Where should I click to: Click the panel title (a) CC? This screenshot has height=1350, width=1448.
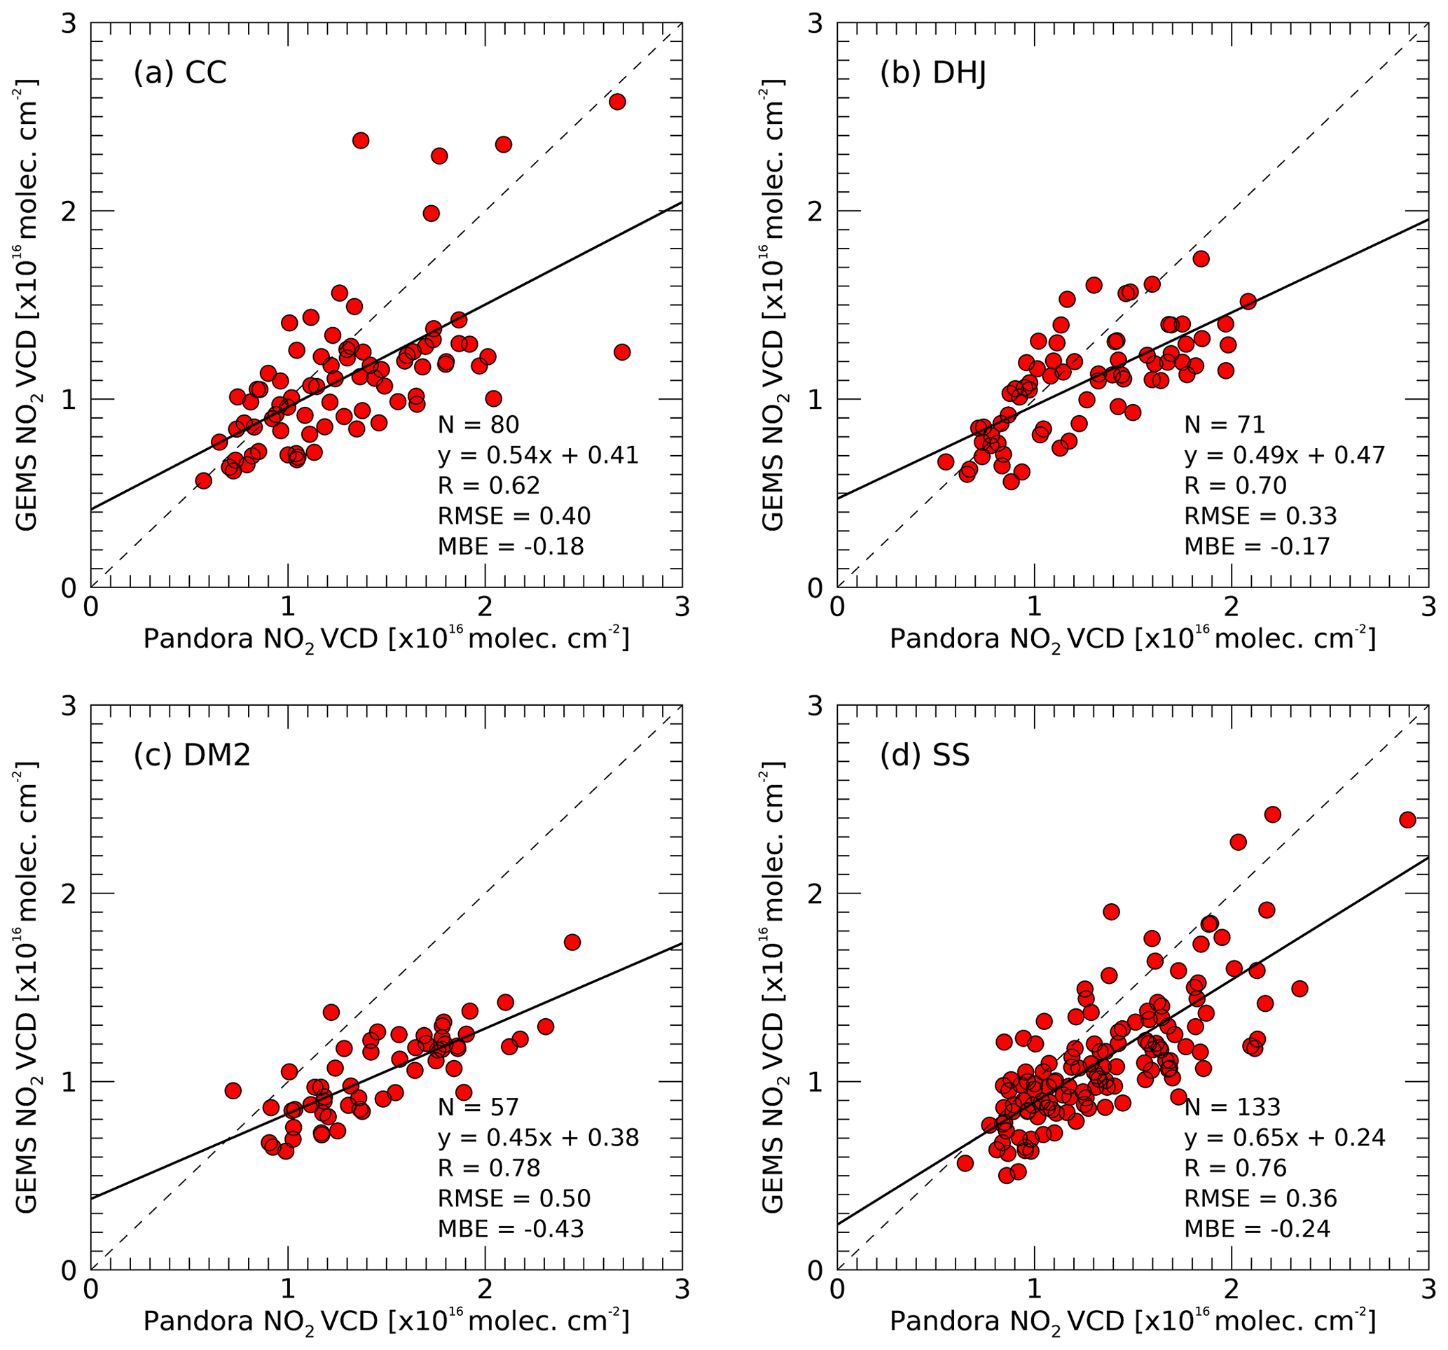pyautogui.click(x=180, y=73)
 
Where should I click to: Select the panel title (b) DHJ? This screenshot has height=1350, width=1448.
pyautogui.click(x=933, y=73)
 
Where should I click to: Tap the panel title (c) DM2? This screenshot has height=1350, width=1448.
pyautogui.click(x=191, y=755)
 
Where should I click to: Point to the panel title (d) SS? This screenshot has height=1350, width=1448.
pyautogui.click(x=925, y=755)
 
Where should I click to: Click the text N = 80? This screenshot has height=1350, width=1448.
pyautogui.click(x=478, y=424)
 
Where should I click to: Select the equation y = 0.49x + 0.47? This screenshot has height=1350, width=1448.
pyautogui.click(x=1284, y=455)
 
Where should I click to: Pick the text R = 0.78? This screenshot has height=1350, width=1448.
pyautogui.click(x=489, y=1168)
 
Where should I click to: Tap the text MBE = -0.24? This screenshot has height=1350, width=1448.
pyautogui.click(x=1257, y=1229)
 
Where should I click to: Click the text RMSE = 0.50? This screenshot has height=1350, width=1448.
pyautogui.click(x=513, y=1199)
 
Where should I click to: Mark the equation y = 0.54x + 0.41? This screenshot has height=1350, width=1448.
pyautogui.click(x=537, y=455)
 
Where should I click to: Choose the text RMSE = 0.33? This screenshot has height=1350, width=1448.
pyautogui.click(x=1260, y=515)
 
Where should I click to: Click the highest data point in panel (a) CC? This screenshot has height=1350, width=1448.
pyautogui.click(x=617, y=102)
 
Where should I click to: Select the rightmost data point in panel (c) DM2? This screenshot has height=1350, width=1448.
pyautogui.click(x=572, y=942)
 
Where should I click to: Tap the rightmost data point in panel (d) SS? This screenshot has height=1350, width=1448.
pyautogui.click(x=1407, y=820)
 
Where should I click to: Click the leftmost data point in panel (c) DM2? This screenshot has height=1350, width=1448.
pyautogui.click(x=233, y=1090)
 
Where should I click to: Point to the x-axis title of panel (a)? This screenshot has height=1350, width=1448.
pyautogui.click(x=386, y=639)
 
